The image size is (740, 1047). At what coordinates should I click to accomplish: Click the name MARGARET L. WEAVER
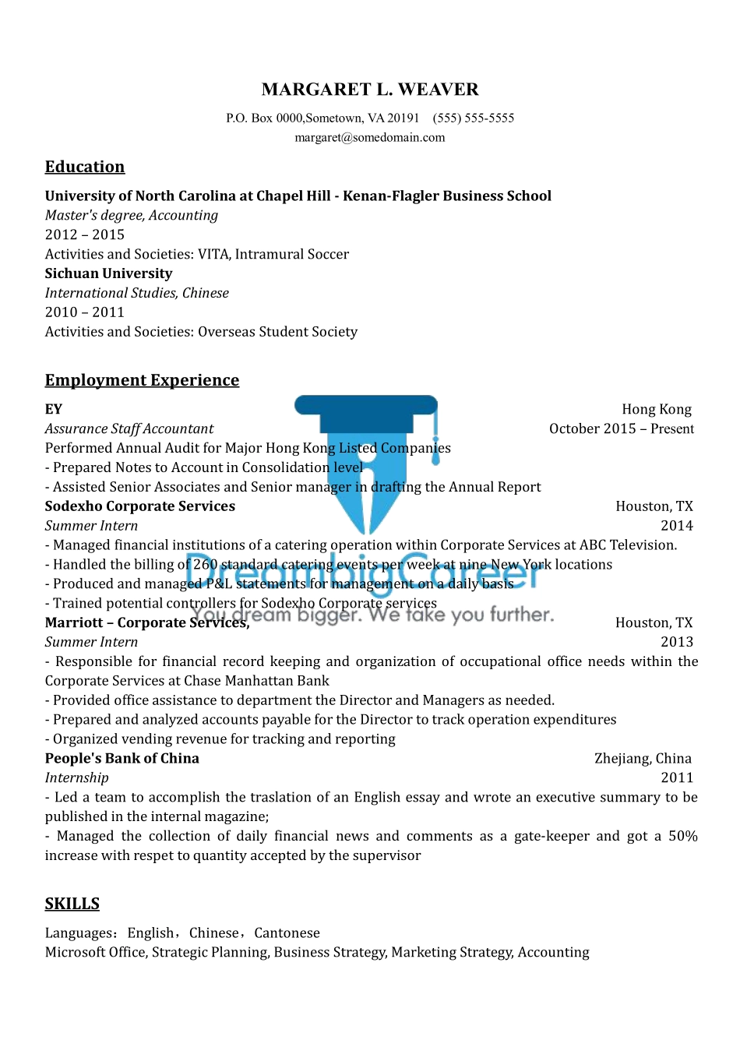pyautogui.click(x=370, y=90)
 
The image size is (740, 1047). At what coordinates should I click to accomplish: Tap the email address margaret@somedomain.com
pyautogui.click(x=370, y=138)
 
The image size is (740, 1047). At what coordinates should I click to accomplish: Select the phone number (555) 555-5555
pyautogui.click(x=474, y=118)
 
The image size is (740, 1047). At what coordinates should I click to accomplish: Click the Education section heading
pyautogui.click(x=85, y=167)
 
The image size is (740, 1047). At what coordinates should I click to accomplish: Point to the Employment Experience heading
pyautogui.click(x=142, y=380)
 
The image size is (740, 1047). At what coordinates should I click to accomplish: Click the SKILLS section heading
pyautogui.click(x=72, y=904)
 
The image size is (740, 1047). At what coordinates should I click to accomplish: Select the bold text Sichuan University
pyautogui.click(x=108, y=273)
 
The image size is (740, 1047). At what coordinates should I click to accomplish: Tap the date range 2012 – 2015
pyautogui.click(x=84, y=234)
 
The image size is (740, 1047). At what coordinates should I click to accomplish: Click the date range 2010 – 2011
pyautogui.click(x=84, y=312)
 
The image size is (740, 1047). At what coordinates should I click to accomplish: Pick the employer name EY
pyautogui.click(x=53, y=409)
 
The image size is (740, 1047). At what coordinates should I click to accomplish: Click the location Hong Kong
pyautogui.click(x=656, y=409)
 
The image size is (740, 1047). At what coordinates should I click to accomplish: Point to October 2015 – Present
pyautogui.click(x=621, y=428)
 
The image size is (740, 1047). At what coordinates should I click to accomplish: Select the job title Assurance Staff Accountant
pyautogui.click(x=129, y=428)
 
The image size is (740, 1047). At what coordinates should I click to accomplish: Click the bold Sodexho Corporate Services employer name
pyautogui.click(x=140, y=506)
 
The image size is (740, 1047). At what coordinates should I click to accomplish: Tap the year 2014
pyautogui.click(x=676, y=526)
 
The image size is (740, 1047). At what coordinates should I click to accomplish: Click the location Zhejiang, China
pyautogui.click(x=643, y=759)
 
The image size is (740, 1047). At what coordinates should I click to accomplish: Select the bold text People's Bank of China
pyautogui.click(x=122, y=759)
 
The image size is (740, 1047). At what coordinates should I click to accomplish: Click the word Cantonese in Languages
pyautogui.click(x=287, y=933)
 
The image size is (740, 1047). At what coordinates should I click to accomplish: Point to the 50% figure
pyautogui.click(x=682, y=836)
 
